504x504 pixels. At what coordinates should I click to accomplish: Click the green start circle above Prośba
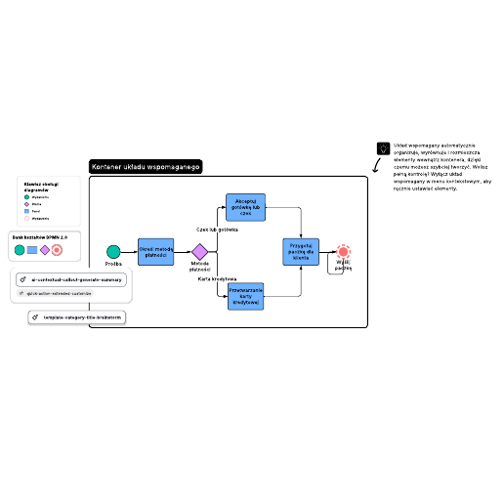(113, 252)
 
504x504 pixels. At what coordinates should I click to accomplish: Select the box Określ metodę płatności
(155, 251)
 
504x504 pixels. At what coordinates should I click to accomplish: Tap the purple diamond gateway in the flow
(200, 252)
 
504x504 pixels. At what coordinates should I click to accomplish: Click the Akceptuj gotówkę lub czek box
(245, 207)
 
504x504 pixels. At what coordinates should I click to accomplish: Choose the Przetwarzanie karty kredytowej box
(245, 296)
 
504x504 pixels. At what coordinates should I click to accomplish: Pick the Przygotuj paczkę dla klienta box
(301, 251)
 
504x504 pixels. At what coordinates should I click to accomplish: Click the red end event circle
(343, 251)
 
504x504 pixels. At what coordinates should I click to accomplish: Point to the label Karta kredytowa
(217, 278)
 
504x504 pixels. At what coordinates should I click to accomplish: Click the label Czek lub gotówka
(217, 230)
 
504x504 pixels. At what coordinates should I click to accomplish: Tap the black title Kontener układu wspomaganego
(146, 168)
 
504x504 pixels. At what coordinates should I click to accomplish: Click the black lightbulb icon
(383, 147)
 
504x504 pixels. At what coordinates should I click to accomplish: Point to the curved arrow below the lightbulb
(377, 167)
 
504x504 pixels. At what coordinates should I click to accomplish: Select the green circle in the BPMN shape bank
(20, 250)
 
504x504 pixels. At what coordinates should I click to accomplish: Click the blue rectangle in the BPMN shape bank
(32, 250)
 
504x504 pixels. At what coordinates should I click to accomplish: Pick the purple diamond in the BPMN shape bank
(45, 250)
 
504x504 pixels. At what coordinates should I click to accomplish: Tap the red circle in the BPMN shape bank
(58, 250)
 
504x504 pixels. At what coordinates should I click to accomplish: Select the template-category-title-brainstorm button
(78, 317)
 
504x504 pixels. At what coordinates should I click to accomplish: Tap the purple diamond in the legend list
(26, 203)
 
